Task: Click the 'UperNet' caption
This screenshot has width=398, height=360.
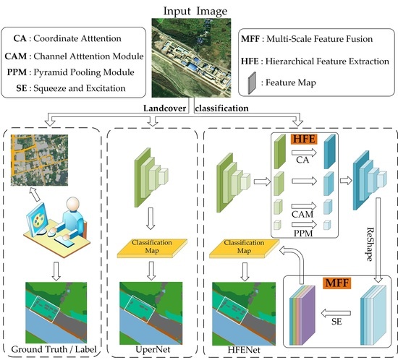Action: [x=151, y=350]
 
